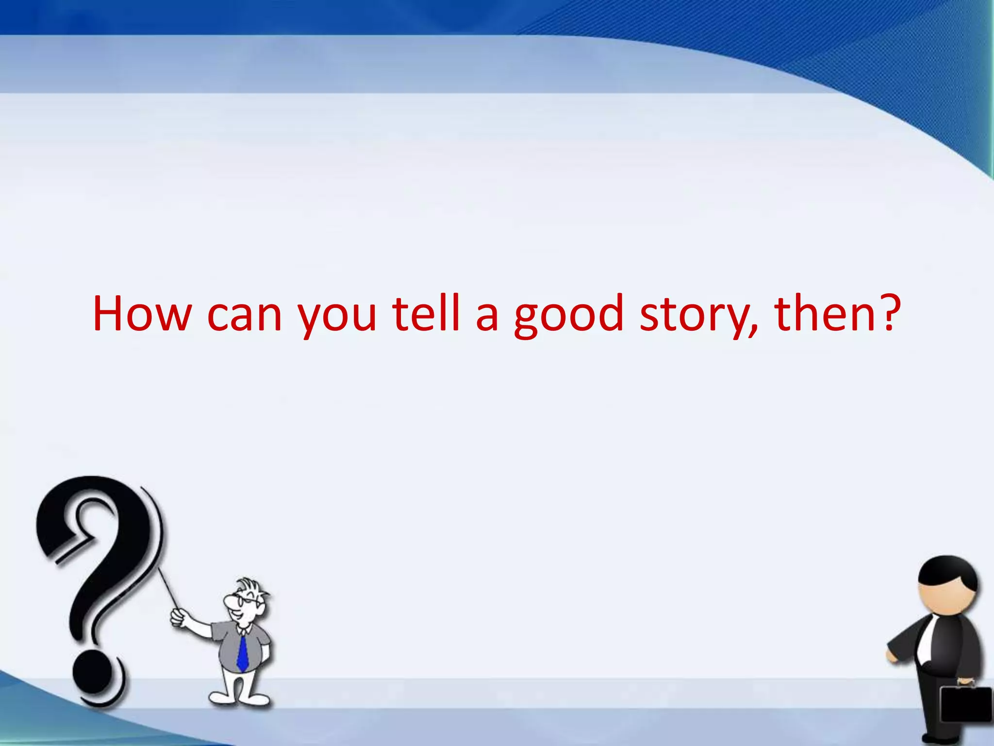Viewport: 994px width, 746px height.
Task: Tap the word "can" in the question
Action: click(244, 316)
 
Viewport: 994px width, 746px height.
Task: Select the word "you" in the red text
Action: click(337, 318)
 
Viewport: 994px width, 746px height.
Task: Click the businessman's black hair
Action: click(946, 573)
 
